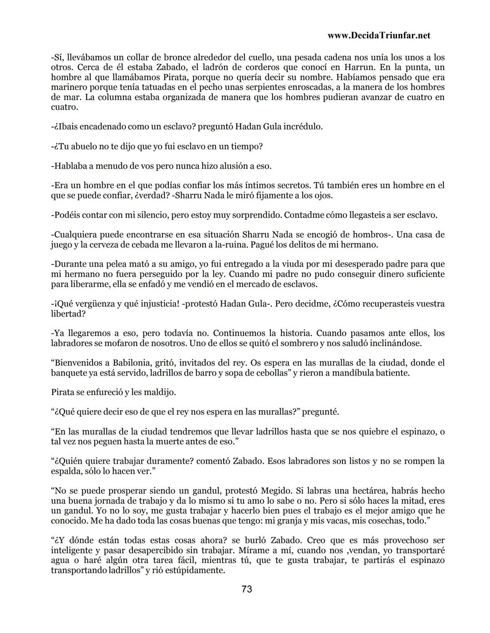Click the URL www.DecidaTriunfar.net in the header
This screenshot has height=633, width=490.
pos(378,35)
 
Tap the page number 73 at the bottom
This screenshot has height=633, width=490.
pos(247,589)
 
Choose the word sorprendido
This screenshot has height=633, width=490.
pos(255,215)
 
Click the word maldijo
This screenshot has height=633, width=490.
pos(160,392)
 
